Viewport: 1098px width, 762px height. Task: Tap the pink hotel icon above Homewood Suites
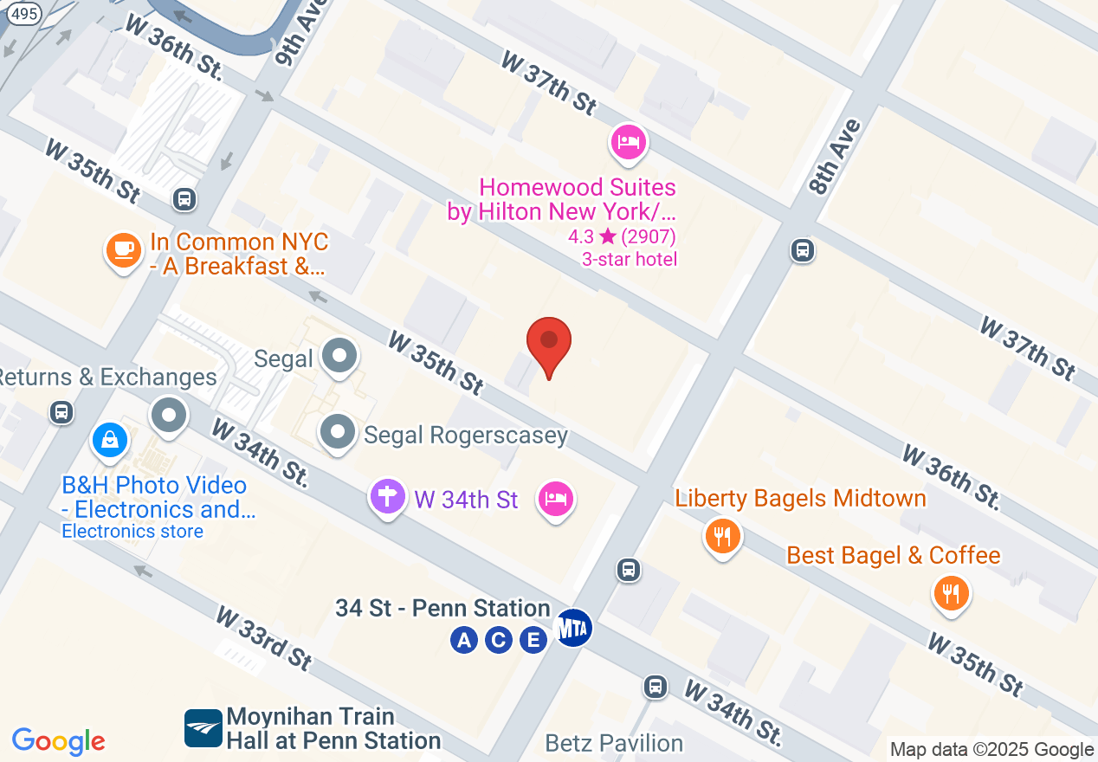[629, 141]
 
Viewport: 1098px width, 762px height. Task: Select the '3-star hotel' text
[630, 259]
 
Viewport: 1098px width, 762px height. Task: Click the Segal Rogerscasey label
[465, 435]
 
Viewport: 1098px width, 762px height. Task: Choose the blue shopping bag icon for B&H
[111, 442]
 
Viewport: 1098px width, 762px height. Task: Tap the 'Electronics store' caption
[132, 531]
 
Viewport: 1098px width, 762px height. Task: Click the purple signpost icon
[388, 498]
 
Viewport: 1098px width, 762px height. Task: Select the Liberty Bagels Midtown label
[800, 498]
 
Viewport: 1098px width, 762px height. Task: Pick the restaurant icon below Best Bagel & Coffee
[951, 594]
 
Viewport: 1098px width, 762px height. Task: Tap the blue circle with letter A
[464, 641]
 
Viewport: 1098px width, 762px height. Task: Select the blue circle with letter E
[533, 641]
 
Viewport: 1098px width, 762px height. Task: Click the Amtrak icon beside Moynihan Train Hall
[203, 728]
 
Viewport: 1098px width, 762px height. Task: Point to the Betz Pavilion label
[614, 743]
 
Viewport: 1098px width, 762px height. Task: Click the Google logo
[59, 741]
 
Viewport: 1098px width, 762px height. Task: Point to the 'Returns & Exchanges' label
[107, 377]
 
